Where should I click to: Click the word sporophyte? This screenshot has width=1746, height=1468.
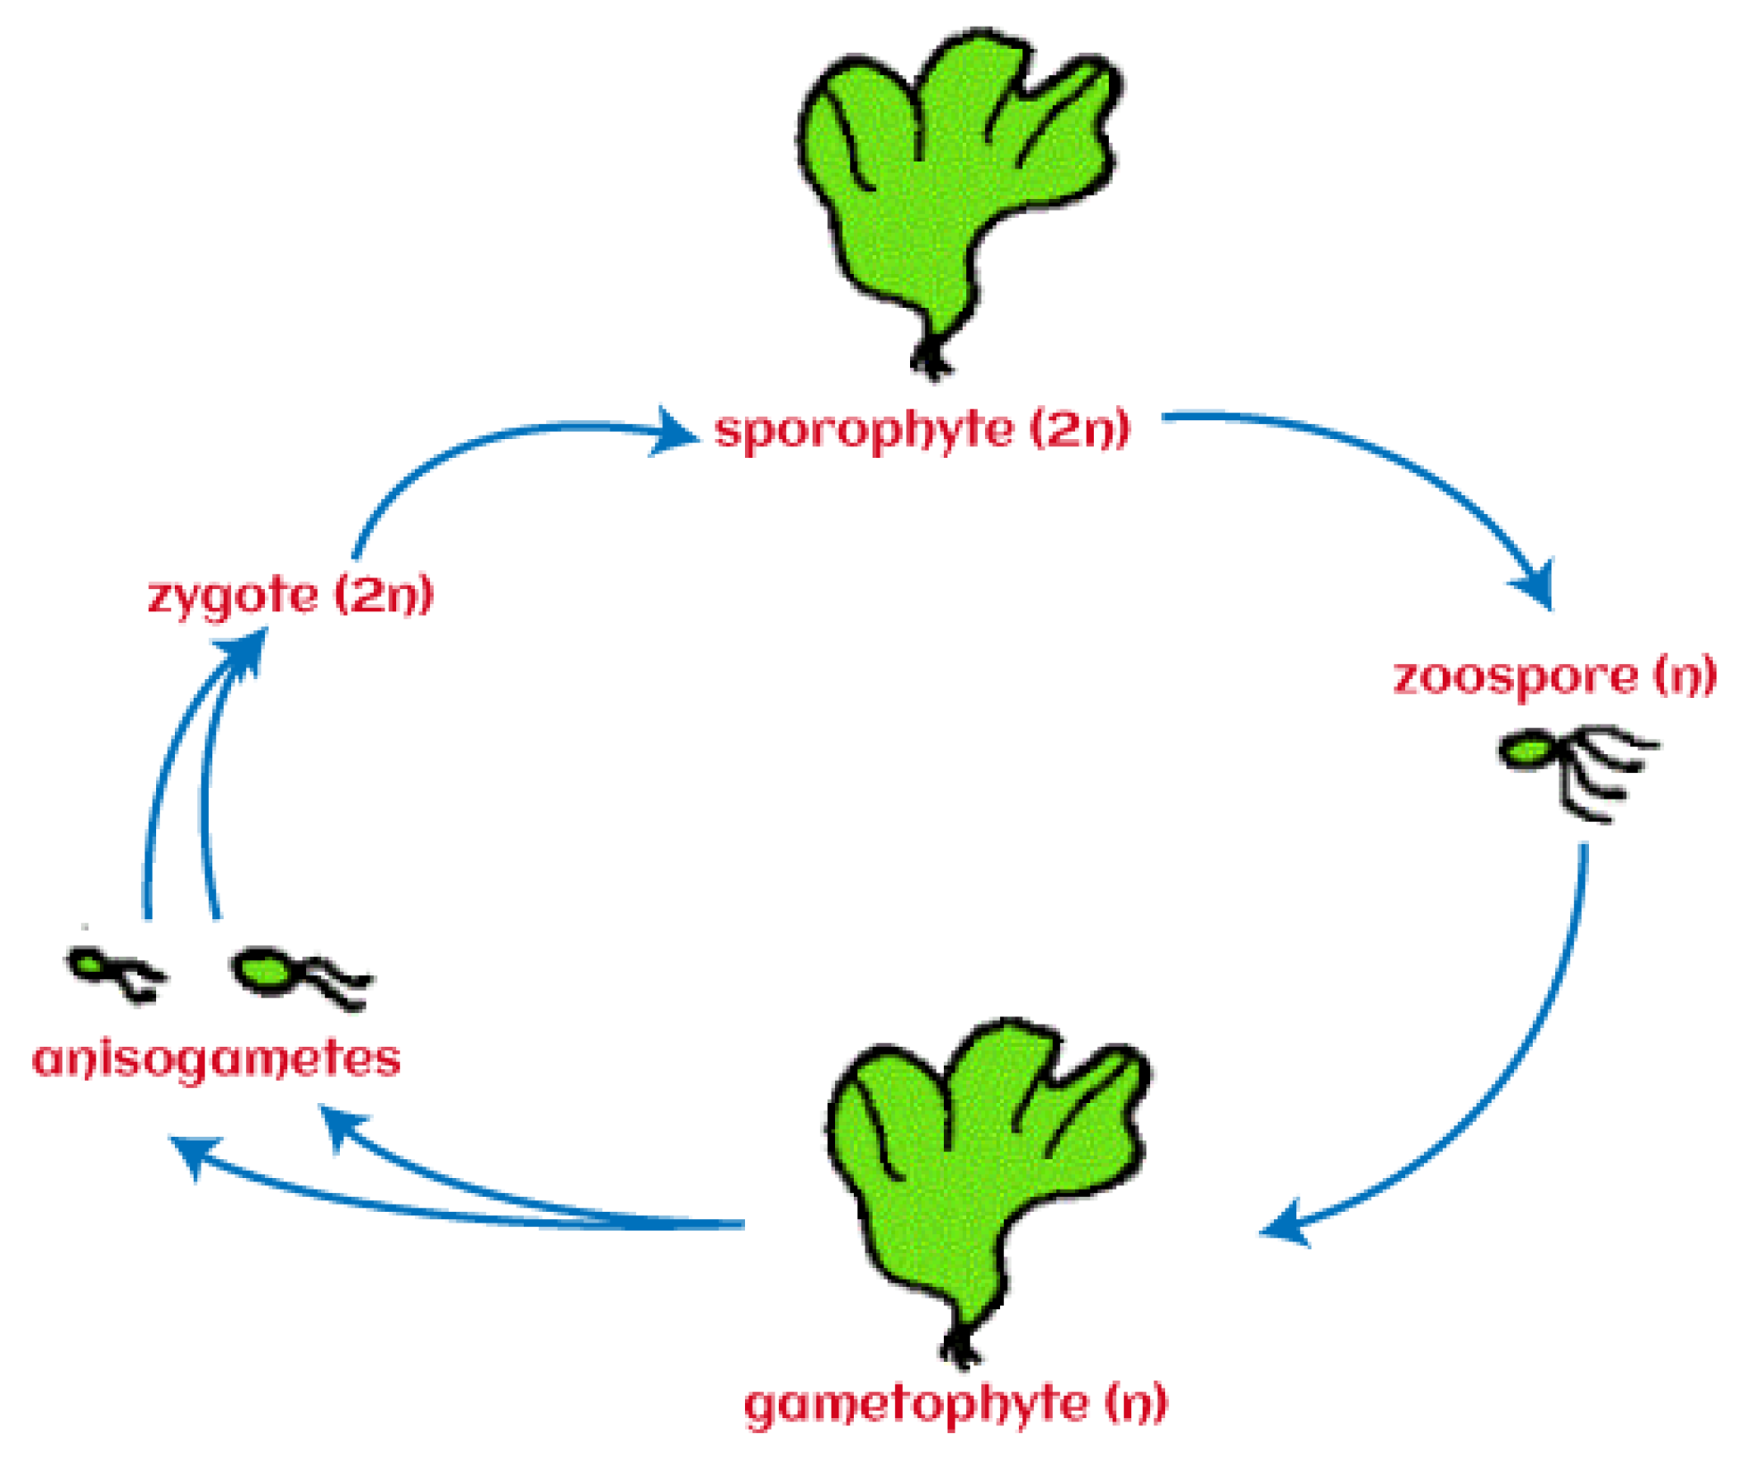click(x=864, y=430)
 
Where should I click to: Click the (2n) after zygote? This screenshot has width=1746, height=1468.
click(x=384, y=594)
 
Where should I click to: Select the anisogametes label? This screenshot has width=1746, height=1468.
click(x=217, y=1060)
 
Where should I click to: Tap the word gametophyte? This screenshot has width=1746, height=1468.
click(x=916, y=1405)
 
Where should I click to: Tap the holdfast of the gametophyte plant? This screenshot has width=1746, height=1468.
click(x=961, y=1348)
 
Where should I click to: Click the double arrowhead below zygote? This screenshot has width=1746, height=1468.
click(x=247, y=651)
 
